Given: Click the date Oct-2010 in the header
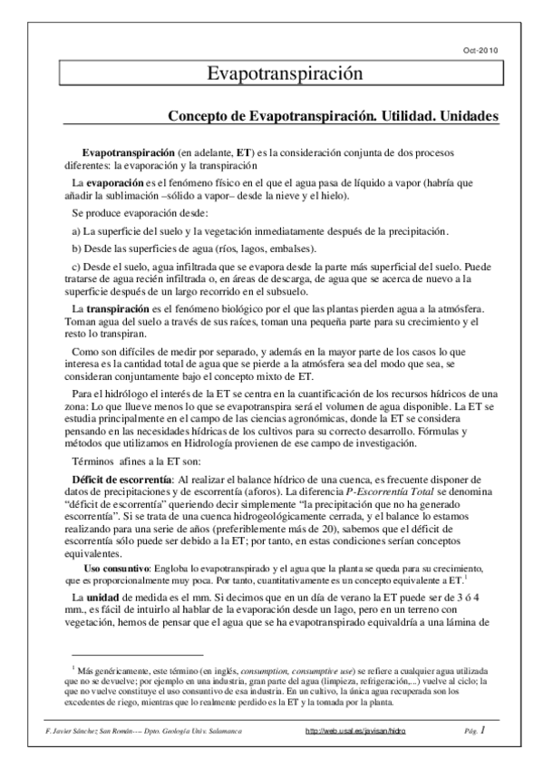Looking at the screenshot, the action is click(x=480, y=50).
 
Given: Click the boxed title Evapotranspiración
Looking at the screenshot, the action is click(x=273, y=73).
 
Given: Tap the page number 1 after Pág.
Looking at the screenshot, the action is click(x=483, y=730).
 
